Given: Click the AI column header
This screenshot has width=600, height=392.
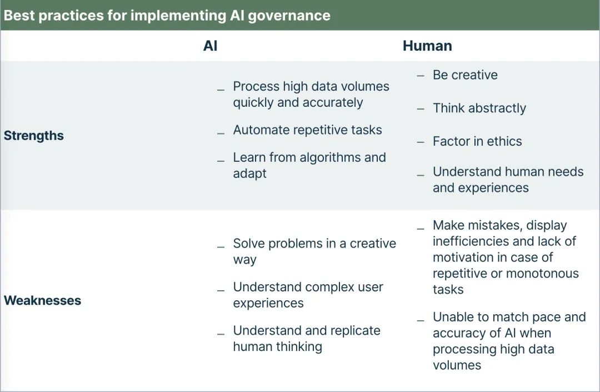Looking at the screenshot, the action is point(210,46).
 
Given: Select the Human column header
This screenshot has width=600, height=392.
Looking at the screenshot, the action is point(427,46).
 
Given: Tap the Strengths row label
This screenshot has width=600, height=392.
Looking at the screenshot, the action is point(34,136).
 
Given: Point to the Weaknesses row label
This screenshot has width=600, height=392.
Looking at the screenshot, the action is point(42,300).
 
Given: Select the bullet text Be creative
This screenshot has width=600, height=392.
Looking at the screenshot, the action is point(465,75).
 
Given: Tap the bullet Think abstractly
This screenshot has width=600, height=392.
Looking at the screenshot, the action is point(479,108).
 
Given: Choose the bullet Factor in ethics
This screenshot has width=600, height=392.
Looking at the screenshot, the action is point(477,141).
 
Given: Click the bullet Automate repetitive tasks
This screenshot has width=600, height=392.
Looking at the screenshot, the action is point(307,130).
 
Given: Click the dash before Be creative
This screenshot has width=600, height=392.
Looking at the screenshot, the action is point(421,76).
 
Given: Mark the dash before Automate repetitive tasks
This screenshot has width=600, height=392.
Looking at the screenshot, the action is point(221,133).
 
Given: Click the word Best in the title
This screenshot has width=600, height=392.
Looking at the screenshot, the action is point(19,16).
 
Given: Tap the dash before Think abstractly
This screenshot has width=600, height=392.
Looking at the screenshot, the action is point(421,109).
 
